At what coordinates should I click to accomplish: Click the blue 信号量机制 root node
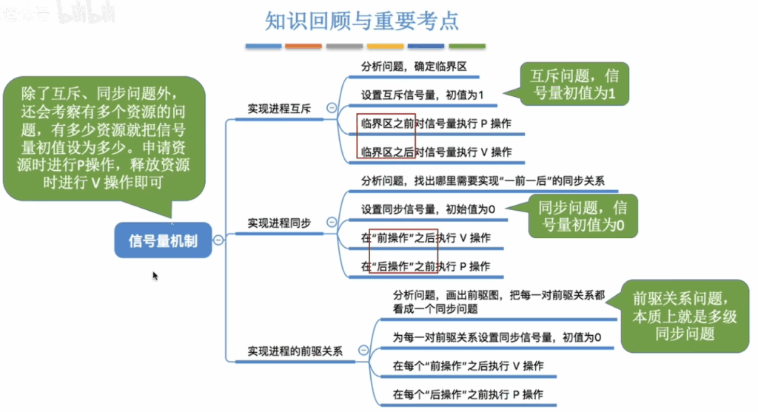coord(163,240)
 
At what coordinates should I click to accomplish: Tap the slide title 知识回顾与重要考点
coord(361,21)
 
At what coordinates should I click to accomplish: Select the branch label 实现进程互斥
coord(279,109)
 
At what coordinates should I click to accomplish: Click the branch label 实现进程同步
coord(279,223)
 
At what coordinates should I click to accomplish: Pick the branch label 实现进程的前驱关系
coord(295,351)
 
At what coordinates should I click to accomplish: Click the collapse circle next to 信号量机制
coord(218,240)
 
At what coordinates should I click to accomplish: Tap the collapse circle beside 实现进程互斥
coord(332,108)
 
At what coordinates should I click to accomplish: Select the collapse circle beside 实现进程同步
coord(332,222)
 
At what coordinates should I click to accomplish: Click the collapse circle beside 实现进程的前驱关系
coord(363,350)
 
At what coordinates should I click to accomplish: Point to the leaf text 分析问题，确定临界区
coord(414,67)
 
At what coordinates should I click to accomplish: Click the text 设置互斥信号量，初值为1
coord(422,95)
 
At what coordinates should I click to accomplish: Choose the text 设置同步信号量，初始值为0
coord(428,209)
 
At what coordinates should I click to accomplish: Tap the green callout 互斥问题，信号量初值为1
coord(574,84)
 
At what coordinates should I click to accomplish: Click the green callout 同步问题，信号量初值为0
coord(583,216)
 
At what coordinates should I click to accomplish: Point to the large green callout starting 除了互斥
coord(104,139)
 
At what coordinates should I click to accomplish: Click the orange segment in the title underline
coord(303,47)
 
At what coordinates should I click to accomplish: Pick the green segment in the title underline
coord(467,47)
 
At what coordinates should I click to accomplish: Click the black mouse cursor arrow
coord(155,276)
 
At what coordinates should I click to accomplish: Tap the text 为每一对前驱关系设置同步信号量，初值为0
coord(497,337)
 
